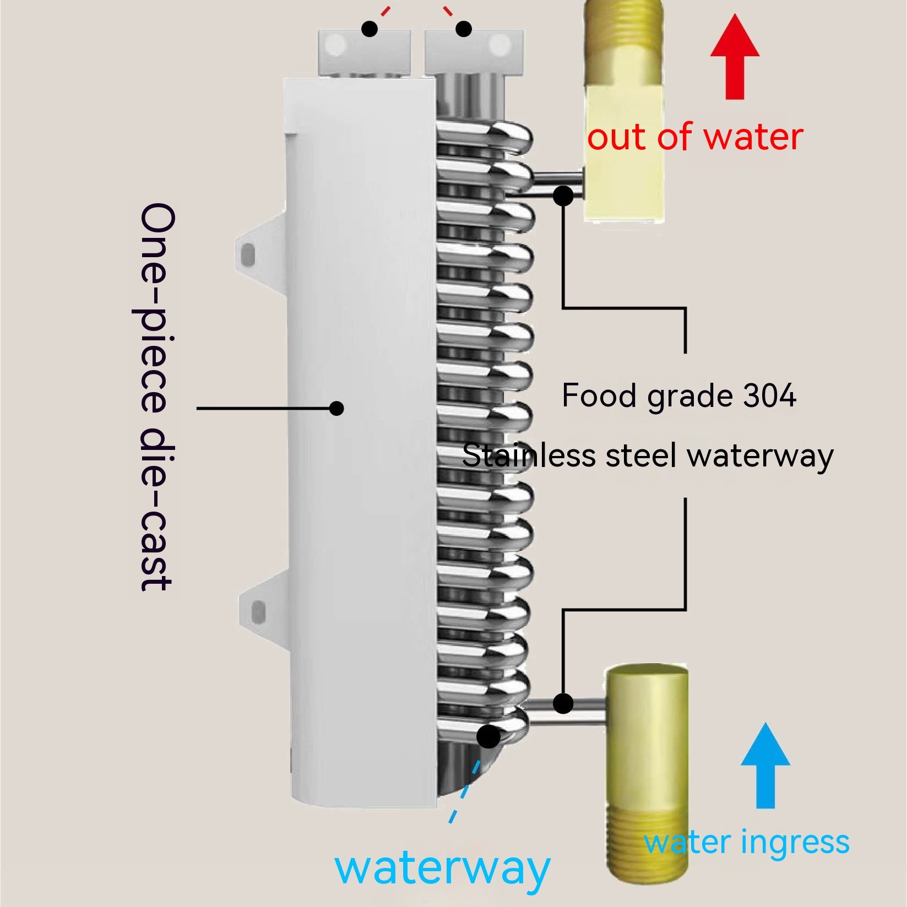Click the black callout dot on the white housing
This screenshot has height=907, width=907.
pyautogui.click(x=336, y=408)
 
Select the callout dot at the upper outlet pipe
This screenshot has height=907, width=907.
pyautogui.click(x=563, y=195)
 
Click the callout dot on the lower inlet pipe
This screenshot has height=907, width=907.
pyautogui.click(x=563, y=703)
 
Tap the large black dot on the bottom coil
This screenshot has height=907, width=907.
pyautogui.click(x=488, y=737)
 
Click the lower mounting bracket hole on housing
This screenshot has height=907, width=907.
pyautogui.click(x=257, y=611)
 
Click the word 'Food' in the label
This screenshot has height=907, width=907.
pyautogui.click(x=600, y=395)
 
